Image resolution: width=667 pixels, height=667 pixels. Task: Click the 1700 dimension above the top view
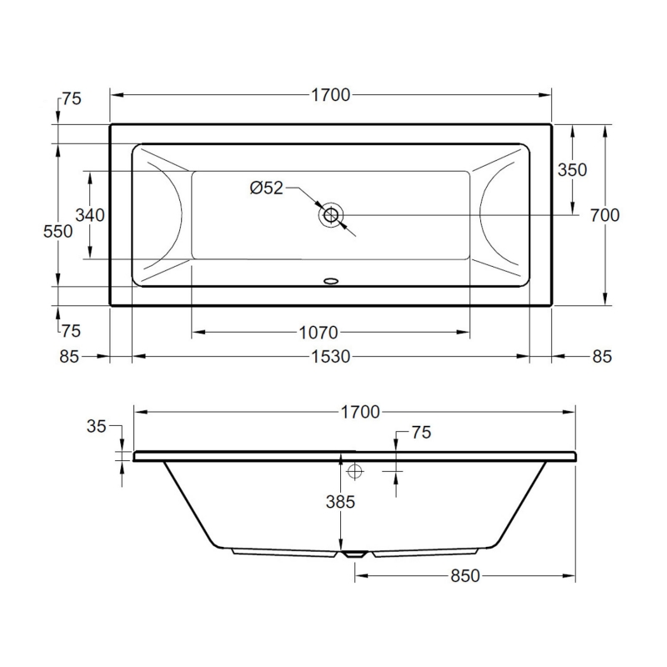pos(330,95)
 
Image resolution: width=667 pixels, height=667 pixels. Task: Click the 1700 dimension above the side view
pos(360,412)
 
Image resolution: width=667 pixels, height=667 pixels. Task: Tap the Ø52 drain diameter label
pos(266,188)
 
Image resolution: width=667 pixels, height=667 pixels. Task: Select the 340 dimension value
pos(90,215)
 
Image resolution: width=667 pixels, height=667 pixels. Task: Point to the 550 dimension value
pos(58,232)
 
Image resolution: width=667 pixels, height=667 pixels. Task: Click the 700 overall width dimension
pos(604,215)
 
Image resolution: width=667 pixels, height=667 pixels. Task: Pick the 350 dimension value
pos(572,170)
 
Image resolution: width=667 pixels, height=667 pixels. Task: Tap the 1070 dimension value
pos(318,332)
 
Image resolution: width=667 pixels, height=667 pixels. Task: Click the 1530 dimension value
pos(330,356)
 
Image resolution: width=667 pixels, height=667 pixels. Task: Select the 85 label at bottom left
pos(69,356)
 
